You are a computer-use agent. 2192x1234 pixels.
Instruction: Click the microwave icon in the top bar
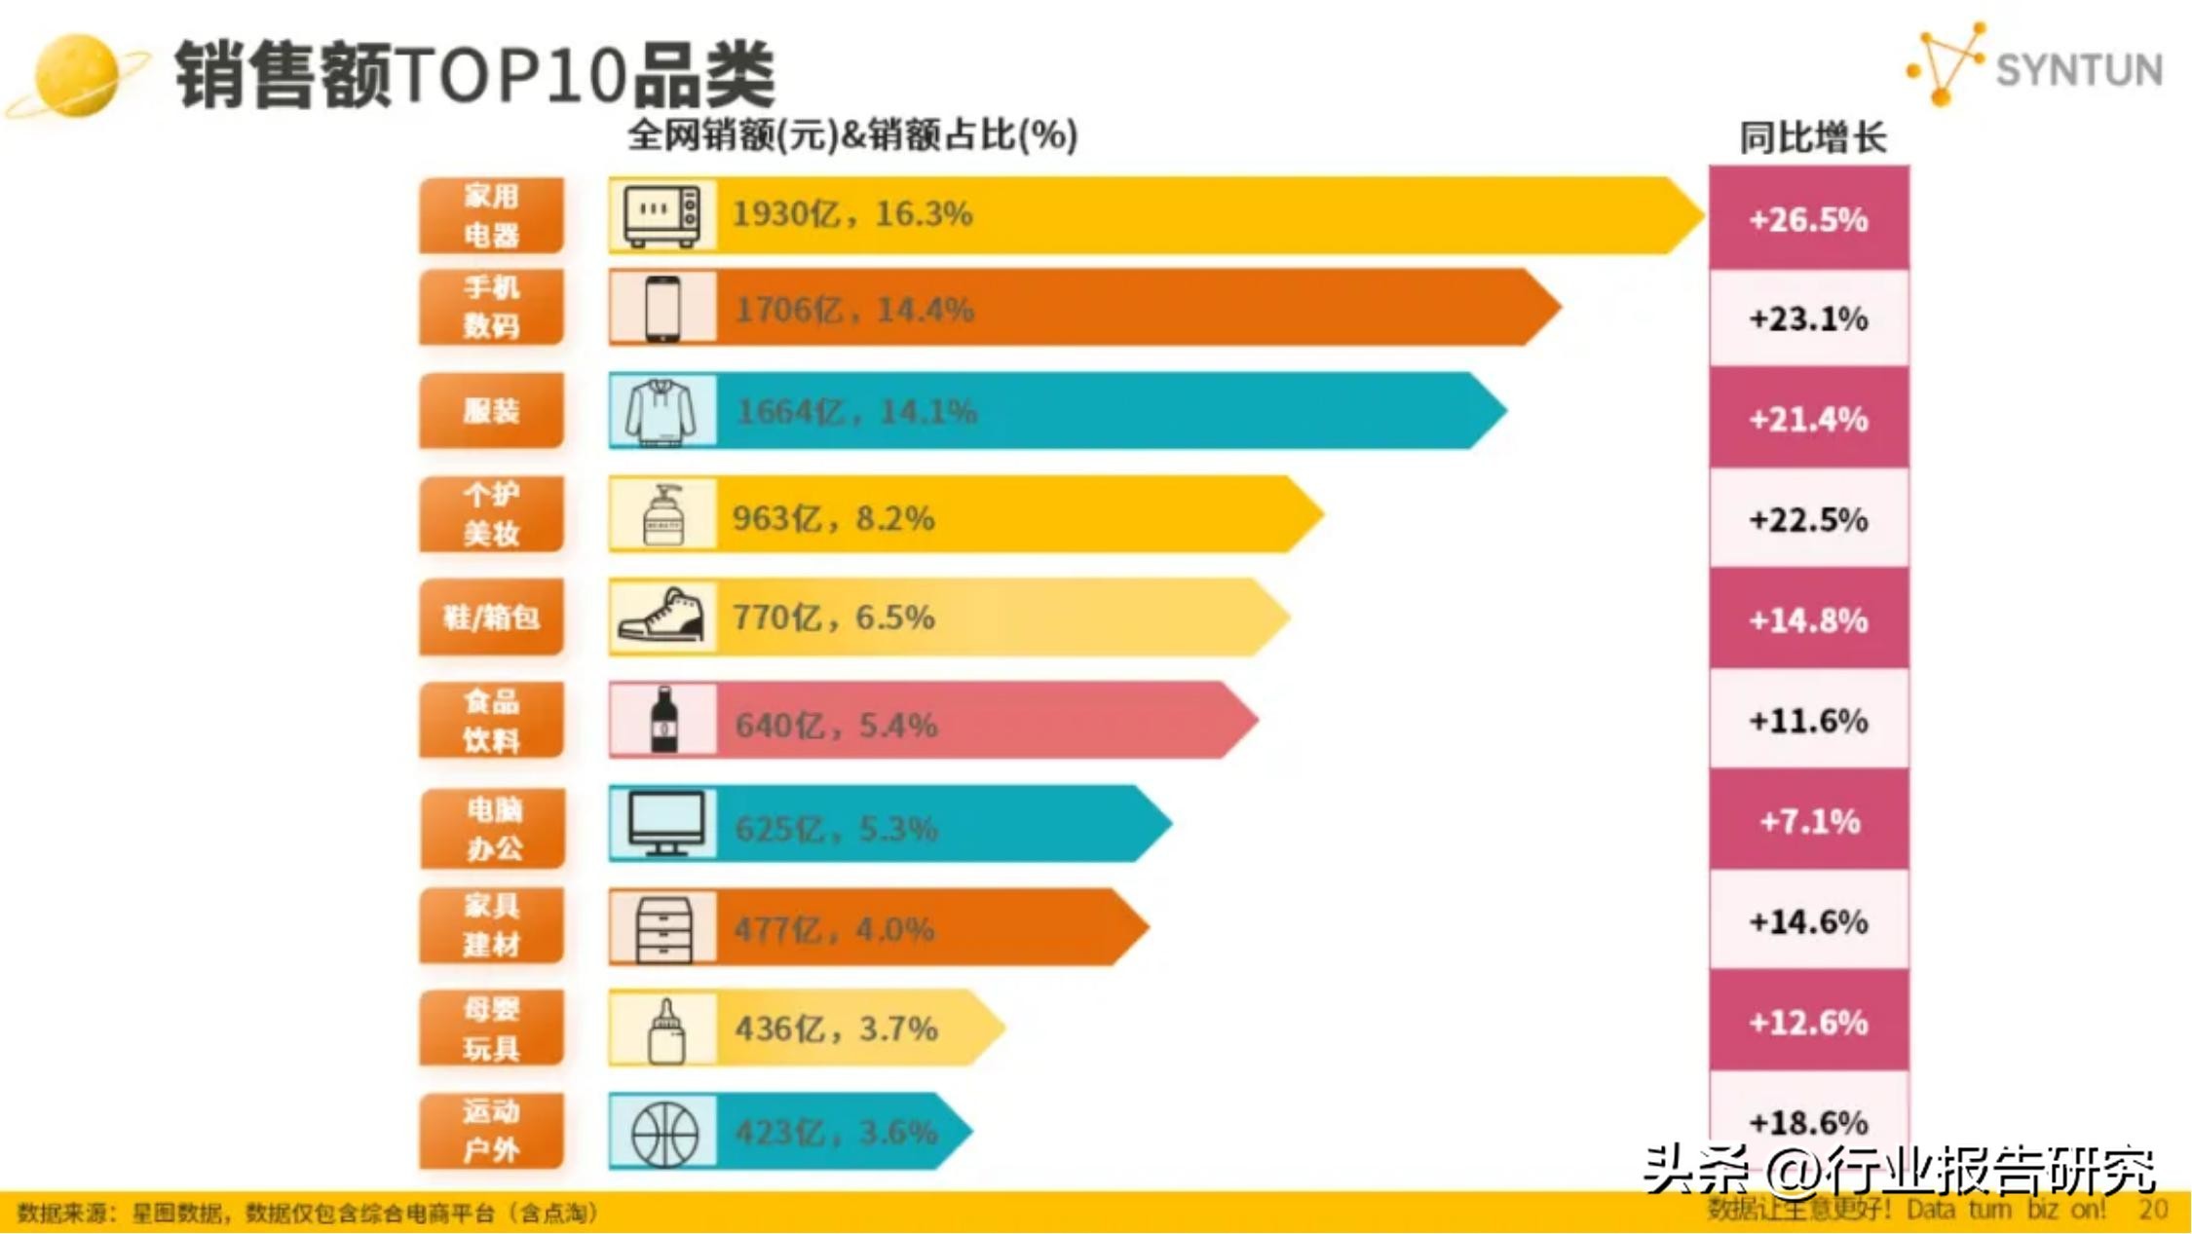[661, 214]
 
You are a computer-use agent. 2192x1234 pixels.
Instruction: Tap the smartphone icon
[662, 309]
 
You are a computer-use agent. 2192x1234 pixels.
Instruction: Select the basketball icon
[664, 1133]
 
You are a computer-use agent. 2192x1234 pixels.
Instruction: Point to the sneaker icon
[661, 617]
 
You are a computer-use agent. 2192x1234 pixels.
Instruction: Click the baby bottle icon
[666, 1029]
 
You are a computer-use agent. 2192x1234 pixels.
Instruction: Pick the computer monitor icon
[665, 824]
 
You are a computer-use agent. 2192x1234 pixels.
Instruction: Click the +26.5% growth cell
[1808, 219]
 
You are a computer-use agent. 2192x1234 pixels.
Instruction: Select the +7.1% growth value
[1809, 821]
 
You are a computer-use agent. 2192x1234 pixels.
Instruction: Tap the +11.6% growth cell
[1808, 721]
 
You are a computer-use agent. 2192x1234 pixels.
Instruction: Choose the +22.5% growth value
[1808, 519]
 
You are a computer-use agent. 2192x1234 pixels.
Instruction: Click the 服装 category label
[491, 411]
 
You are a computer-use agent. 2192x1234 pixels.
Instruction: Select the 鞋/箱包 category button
[491, 617]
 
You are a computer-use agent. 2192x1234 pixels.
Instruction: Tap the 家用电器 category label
[491, 215]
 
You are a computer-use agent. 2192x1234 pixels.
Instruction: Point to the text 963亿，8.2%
[833, 518]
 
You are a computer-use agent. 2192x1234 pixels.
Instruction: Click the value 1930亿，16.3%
[851, 213]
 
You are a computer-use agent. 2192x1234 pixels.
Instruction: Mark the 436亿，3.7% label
[836, 1028]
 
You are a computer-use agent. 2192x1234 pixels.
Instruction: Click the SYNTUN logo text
[2077, 70]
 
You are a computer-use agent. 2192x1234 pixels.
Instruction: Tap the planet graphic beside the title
[76, 76]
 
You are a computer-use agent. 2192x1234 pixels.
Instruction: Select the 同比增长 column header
[1813, 138]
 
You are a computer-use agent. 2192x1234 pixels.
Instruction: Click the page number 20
[2153, 1210]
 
